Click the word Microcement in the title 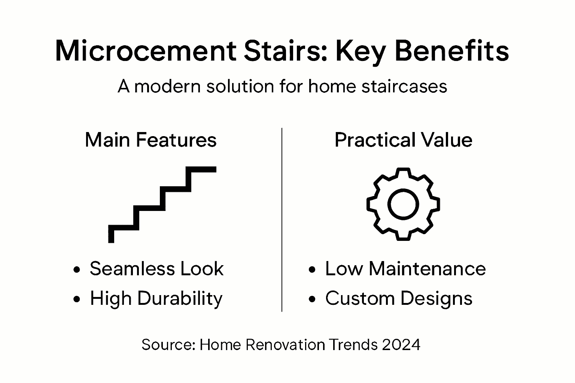pyautogui.click(x=146, y=51)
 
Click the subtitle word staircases pyautogui.click(x=404, y=86)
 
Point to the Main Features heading pyautogui.click(x=150, y=140)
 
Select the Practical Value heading pyautogui.click(x=403, y=140)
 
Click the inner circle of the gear pyautogui.click(x=403, y=204)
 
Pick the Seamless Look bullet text pyautogui.click(x=156, y=269)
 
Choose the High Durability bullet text pyautogui.click(x=156, y=298)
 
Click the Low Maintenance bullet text pyautogui.click(x=405, y=269)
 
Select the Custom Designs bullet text pyautogui.click(x=399, y=298)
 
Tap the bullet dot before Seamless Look pyautogui.click(x=77, y=270)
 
